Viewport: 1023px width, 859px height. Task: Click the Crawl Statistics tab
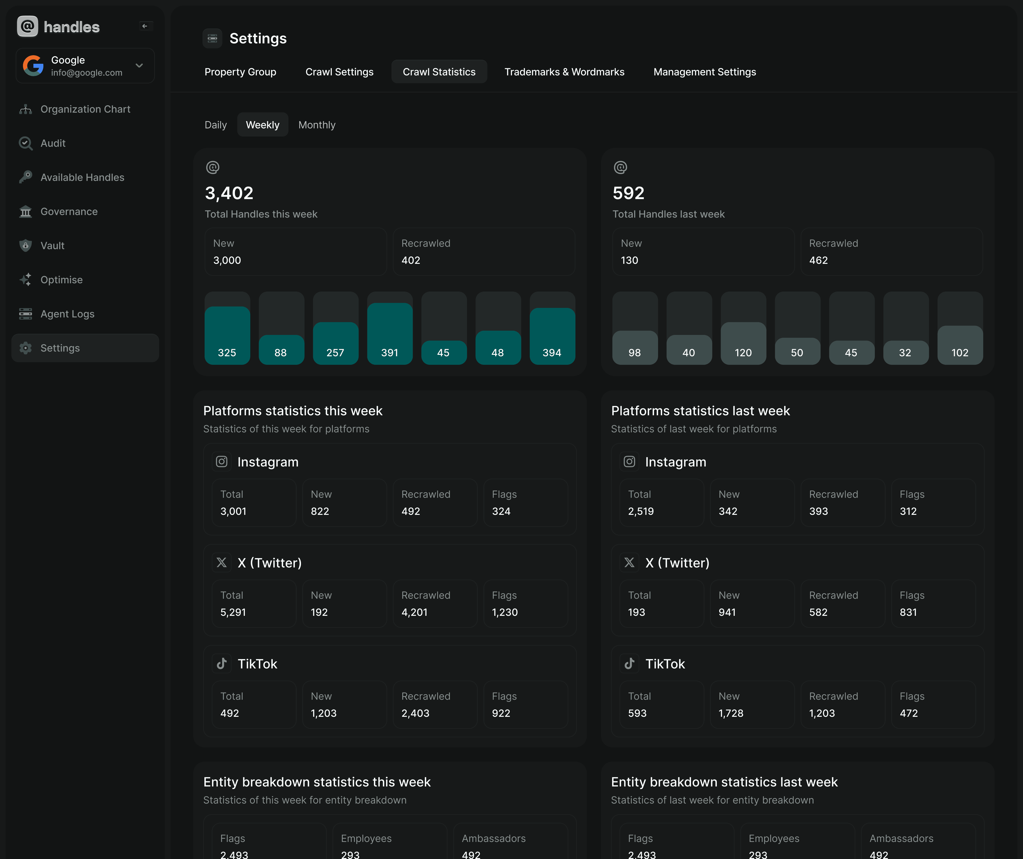pos(439,72)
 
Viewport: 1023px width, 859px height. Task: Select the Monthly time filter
pos(317,125)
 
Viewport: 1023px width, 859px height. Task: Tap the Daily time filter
pos(215,125)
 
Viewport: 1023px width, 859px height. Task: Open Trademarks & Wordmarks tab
pos(564,72)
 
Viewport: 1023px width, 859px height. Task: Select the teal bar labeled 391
pos(390,334)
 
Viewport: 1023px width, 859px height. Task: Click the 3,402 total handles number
pos(229,193)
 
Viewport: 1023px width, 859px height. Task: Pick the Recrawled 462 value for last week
pos(818,260)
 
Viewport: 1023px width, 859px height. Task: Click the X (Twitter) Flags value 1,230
pos(505,612)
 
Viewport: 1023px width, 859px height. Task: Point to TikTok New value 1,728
pos(731,713)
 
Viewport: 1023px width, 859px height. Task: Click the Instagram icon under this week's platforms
pos(222,462)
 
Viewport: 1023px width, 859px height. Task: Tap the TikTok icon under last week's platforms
pos(629,663)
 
